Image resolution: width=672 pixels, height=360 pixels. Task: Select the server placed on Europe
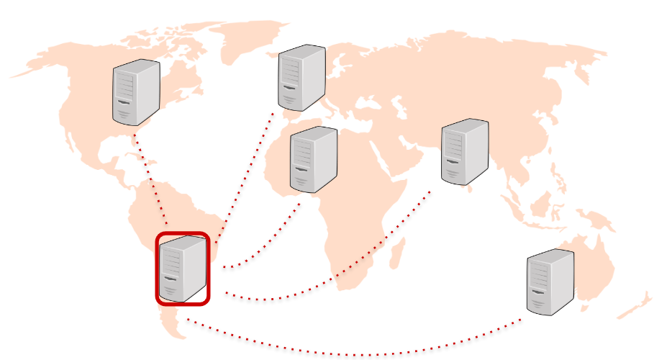click(301, 77)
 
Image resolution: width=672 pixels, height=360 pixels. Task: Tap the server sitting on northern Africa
click(313, 159)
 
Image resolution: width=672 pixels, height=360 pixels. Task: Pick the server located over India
click(465, 152)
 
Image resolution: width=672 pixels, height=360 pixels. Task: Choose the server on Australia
click(550, 282)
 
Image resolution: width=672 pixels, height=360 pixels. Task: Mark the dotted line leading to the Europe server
click(245, 173)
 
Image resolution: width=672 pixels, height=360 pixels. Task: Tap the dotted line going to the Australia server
click(360, 354)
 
